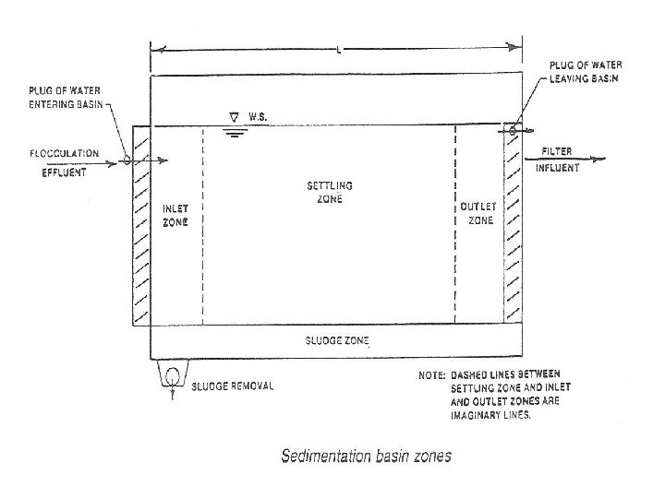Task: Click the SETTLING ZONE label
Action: click(x=330, y=193)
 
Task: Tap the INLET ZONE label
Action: click(x=176, y=214)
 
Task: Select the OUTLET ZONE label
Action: click(x=478, y=213)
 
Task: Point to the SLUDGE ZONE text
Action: click(x=330, y=340)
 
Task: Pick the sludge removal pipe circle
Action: click(x=172, y=375)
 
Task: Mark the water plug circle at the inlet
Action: click(x=127, y=160)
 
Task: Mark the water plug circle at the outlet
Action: click(x=511, y=130)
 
